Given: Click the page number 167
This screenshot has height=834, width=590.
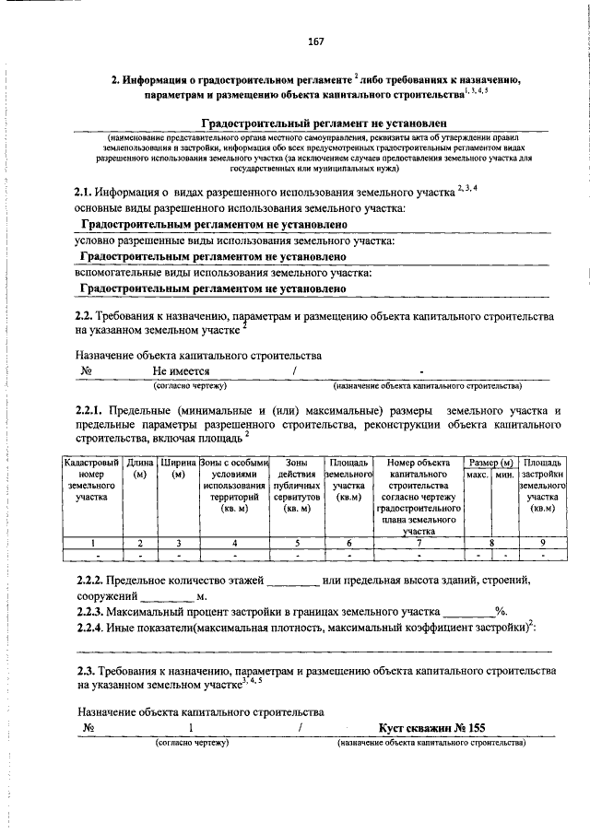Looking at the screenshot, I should point(314,41).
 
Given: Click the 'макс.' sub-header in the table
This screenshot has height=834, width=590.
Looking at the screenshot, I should point(477,474).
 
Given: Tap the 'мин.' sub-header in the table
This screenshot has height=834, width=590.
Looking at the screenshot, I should point(503,474).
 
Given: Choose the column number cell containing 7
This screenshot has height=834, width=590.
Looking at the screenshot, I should point(418,543).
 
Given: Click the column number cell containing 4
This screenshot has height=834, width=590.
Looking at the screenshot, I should point(234,543).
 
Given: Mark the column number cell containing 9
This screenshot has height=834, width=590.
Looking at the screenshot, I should point(543,543).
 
